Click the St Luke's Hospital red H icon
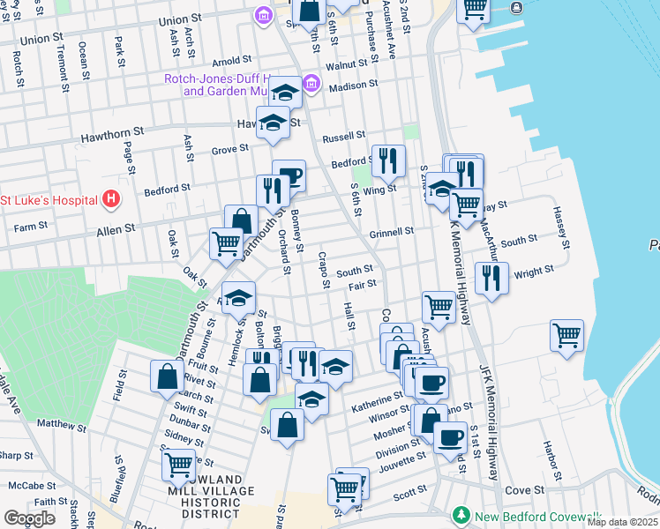point(110,199)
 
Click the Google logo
point(29,518)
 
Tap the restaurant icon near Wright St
point(491,279)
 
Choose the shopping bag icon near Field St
point(167,377)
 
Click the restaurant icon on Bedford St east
point(388,160)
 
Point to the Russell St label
point(343,137)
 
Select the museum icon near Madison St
point(311,85)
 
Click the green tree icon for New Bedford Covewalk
point(460,514)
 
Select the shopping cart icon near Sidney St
point(178,464)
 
